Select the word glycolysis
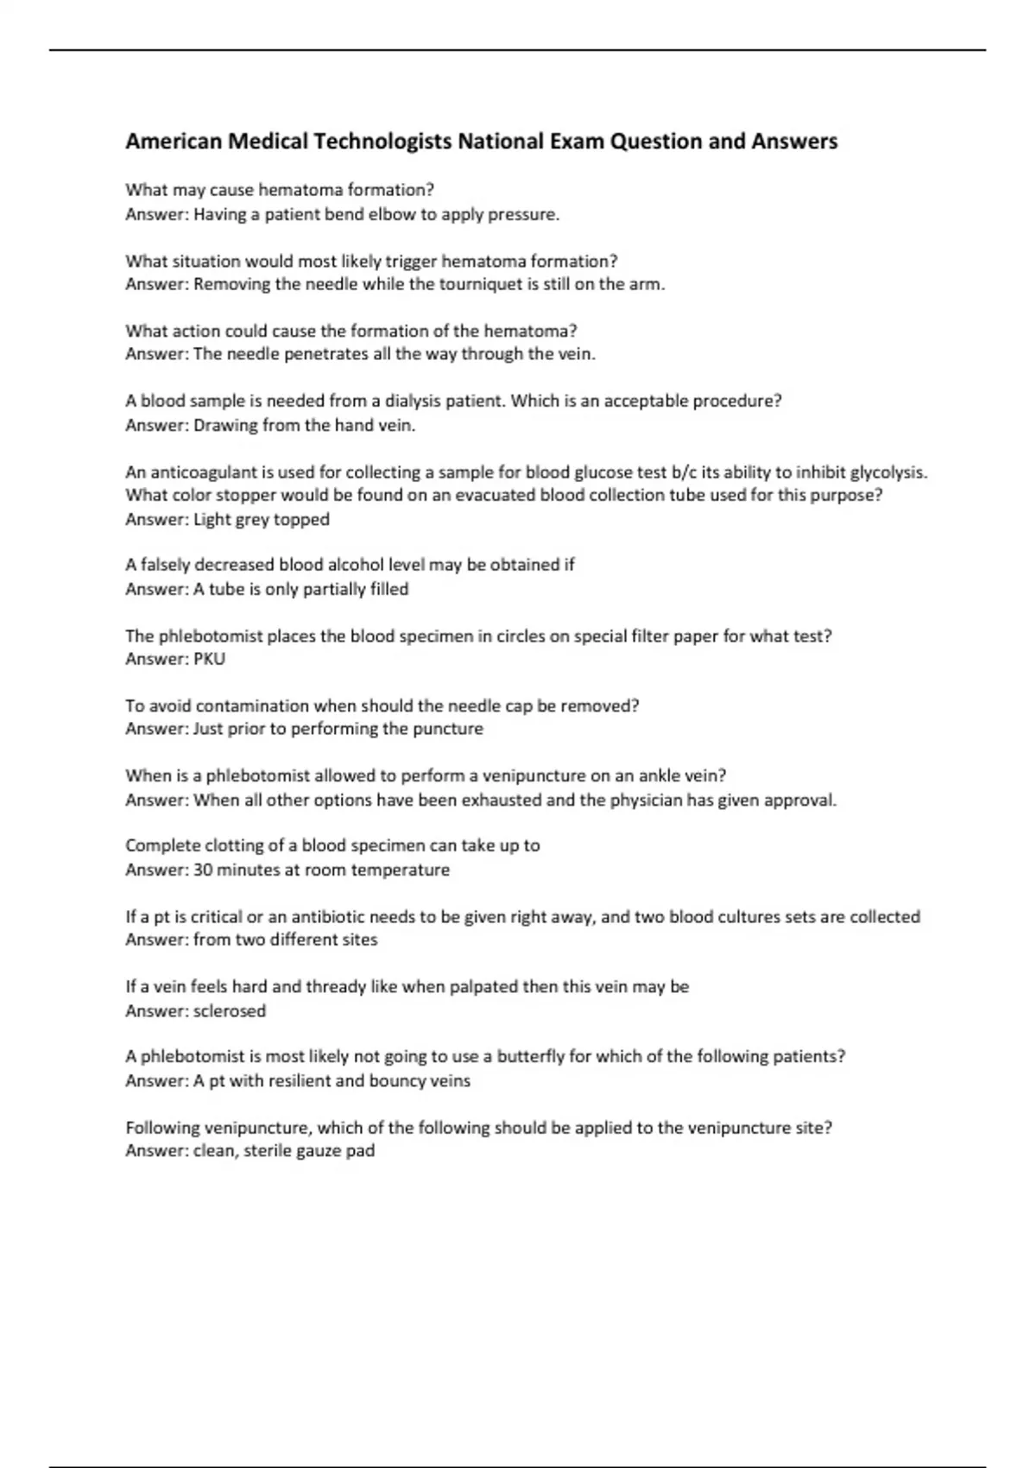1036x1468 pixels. [888, 472]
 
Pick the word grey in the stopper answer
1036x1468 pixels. [251, 519]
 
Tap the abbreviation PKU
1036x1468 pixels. [209, 659]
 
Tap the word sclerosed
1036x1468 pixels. [230, 1010]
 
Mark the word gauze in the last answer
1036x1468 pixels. [319, 1151]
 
